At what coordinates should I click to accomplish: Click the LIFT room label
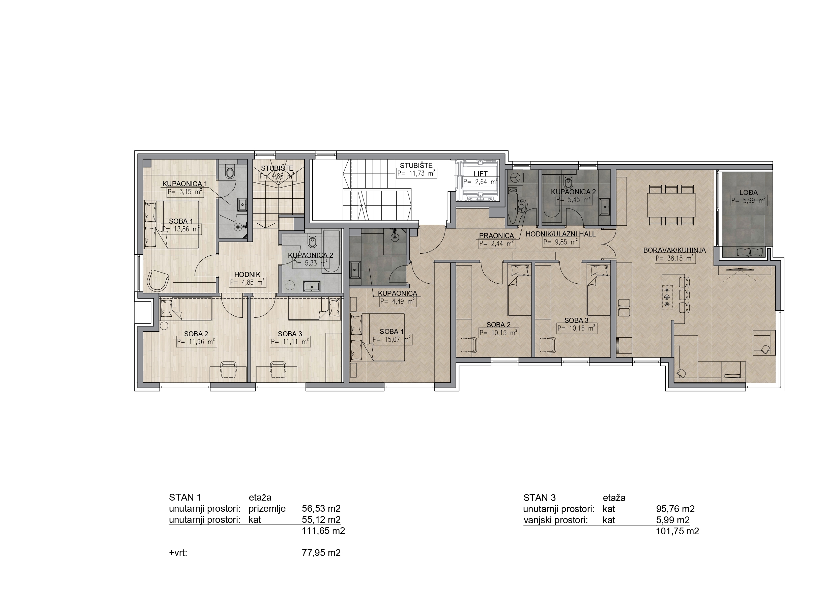pyautogui.click(x=481, y=174)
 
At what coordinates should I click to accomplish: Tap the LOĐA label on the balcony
pyautogui.click(x=748, y=193)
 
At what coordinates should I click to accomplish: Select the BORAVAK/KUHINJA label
pyautogui.click(x=674, y=250)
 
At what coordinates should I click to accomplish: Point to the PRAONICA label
pyautogui.click(x=496, y=236)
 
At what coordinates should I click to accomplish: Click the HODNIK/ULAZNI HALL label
pyautogui.click(x=561, y=234)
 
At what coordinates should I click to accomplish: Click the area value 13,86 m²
pyautogui.click(x=181, y=229)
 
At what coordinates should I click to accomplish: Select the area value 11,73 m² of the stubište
pyautogui.click(x=417, y=174)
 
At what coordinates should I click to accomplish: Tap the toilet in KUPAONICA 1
pyautogui.click(x=230, y=172)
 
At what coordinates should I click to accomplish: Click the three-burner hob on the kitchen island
pyautogui.click(x=667, y=297)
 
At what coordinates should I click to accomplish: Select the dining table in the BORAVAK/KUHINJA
pyautogui.click(x=671, y=205)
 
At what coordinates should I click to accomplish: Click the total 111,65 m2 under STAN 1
pyautogui.click(x=323, y=531)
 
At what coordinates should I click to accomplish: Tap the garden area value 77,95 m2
pyautogui.click(x=321, y=553)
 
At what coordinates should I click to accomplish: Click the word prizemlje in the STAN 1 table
pyautogui.click(x=267, y=509)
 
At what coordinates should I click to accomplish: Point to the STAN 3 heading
pyautogui.click(x=540, y=498)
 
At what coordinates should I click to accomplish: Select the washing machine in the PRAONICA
pyautogui.click(x=515, y=178)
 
